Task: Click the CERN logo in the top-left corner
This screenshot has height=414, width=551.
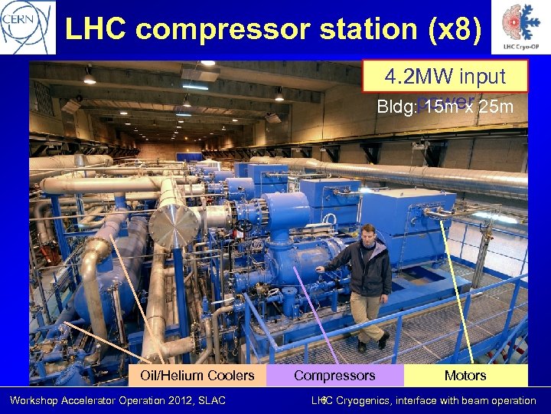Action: [x=28, y=27]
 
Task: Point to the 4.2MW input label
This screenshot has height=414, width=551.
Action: [x=445, y=76]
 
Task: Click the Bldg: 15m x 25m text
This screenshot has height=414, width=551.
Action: [x=445, y=106]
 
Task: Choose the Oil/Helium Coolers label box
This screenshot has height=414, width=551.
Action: [x=197, y=375]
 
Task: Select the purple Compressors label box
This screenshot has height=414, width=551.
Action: [x=334, y=375]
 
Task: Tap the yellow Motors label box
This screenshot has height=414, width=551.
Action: [x=465, y=375]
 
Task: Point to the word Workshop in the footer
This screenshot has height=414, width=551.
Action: [x=32, y=400]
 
